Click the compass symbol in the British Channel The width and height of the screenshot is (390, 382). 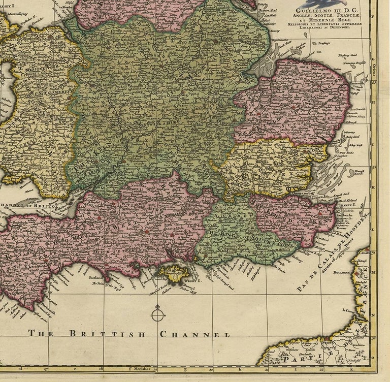[157, 315]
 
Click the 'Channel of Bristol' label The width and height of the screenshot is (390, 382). [28, 206]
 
